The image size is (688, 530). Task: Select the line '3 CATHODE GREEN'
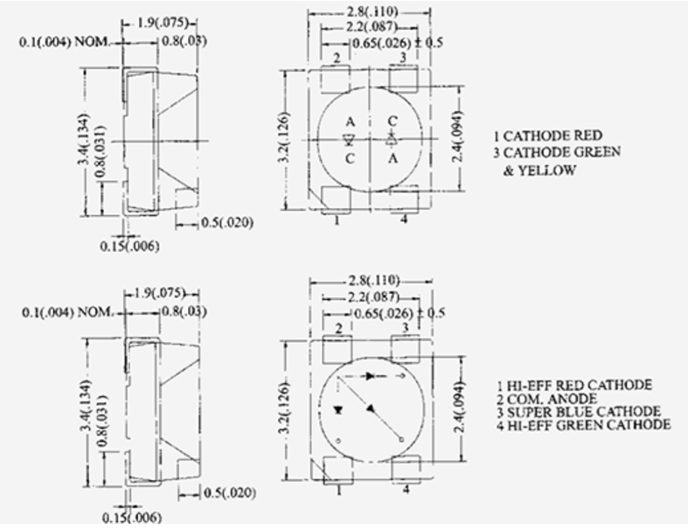coord(557,152)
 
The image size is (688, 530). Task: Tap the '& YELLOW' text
coord(539,171)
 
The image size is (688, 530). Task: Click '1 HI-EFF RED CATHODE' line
coord(573,385)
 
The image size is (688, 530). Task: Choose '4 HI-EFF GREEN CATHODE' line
coord(583,425)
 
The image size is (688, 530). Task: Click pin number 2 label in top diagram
coord(337,57)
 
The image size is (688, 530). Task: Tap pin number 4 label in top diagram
coord(403,220)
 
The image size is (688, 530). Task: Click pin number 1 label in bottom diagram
coord(337,490)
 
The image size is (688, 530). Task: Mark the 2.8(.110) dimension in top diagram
coord(371,11)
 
